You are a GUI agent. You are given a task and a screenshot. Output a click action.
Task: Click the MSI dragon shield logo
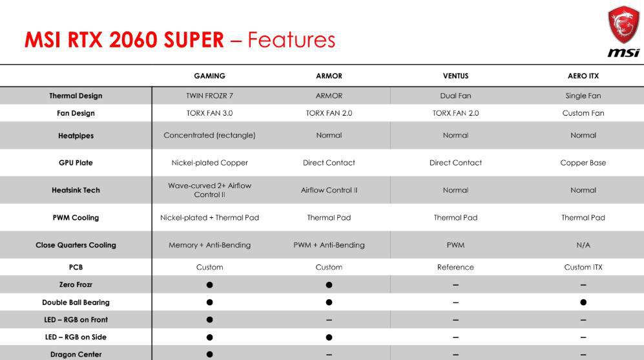pyautogui.click(x=623, y=25)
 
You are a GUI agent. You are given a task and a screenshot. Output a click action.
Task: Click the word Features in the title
pyautogui.click(x=291, y=40)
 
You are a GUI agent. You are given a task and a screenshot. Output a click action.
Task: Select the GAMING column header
pyautogui.click(x=209, y=76)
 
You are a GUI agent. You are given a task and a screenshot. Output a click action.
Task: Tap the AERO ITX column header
pyautogui.click(x=583, y=76)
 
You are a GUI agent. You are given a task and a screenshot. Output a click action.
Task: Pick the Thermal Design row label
pyautogui.click(x=76, y=96)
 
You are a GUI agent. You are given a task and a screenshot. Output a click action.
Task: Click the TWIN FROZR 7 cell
pyautogui.click(x=209, y=96)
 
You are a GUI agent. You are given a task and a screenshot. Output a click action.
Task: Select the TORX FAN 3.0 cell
pyautogui.click(x=209, y=113)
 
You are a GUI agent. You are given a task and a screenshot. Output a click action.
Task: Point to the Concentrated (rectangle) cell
pyautogui.click(x=209, y=135)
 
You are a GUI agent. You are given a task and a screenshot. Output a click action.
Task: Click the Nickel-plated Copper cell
pyautogui.click(x=209, y=163)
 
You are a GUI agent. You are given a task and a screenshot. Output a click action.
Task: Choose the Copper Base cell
pyautogui.click(x=583, y=163)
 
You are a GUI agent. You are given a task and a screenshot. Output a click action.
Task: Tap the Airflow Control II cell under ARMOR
pyautogui.click(x=329, y=190)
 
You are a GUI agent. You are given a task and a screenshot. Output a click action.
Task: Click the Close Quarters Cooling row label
pyautogui.click(x=76, y=245)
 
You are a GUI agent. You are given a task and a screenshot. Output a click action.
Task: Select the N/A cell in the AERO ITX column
pyautogui.click(x=583, y=245)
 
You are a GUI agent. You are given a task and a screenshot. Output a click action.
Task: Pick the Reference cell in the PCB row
pyautogui.click(x=455, y=267)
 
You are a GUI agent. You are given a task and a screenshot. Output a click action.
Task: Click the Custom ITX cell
pyautogui.click(x=583, y=267)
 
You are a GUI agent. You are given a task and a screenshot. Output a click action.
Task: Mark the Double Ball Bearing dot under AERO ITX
pyautogui.click(x=583, y=302)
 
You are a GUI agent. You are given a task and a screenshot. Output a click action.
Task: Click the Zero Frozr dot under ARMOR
pyautogui.click(x=329, y=285)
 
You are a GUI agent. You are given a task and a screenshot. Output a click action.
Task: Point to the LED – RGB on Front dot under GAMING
pyautogui.click(x=209, y=320)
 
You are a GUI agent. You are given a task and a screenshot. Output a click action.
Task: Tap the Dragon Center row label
pyautogui.click(x=76, y=354)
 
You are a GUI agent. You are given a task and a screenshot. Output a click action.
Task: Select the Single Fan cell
pyautogui.click(x=583, y=96)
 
